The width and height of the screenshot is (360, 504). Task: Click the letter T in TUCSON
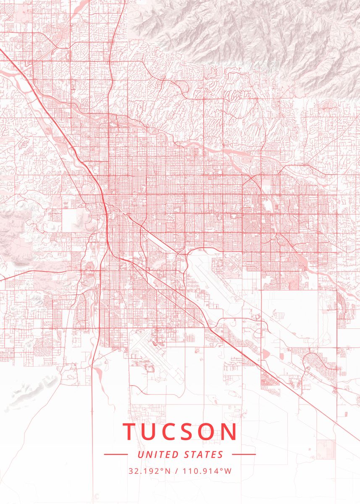[x=130, y=432]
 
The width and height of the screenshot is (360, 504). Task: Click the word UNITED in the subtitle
[x=158, y=454]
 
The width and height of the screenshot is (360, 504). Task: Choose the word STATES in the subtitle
[x=204, y=454]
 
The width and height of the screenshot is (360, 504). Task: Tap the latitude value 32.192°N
[x=150, y=471]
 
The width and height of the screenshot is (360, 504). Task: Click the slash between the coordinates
[x=177, y=471]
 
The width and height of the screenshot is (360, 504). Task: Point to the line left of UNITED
[x=116, y=454]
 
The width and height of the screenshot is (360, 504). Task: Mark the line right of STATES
[x=244, y=454]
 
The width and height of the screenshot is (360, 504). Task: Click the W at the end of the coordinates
[x=228, y=471]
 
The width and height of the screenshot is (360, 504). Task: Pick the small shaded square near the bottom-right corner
[x=326, y=449]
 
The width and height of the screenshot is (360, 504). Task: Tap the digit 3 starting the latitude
[x=131, y=471]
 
